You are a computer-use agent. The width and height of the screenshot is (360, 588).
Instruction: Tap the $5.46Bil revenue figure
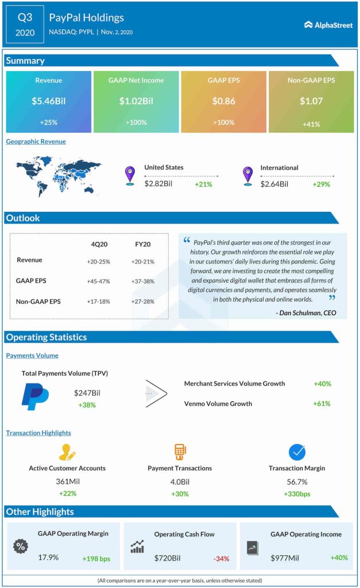click(x=48, y=101)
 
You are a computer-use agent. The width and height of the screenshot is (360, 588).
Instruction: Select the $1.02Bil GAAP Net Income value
click(x=136, y=101)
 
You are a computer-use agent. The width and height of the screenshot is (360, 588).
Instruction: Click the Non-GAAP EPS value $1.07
click(x=311, y=101)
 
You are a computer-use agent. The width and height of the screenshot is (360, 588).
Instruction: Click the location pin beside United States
click(x=130, y=175)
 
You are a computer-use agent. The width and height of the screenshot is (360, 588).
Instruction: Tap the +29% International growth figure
click(x=322, y=184)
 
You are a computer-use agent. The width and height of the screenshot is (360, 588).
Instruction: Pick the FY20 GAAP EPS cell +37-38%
click(x=141, y=282)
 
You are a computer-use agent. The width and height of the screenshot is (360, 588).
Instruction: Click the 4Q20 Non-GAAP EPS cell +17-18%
click(x=99, y=302)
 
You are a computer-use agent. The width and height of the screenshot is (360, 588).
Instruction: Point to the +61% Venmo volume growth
click(x=322, y=404)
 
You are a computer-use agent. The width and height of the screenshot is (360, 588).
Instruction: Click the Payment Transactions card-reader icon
click(x=180, y=451)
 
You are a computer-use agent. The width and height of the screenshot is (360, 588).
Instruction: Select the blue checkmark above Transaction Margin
click(x=297, y=452)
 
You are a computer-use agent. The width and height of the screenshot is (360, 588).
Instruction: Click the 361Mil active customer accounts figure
click(x=67, y=481)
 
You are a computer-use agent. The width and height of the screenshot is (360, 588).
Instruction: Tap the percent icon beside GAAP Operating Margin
click(x=20, y=546)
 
